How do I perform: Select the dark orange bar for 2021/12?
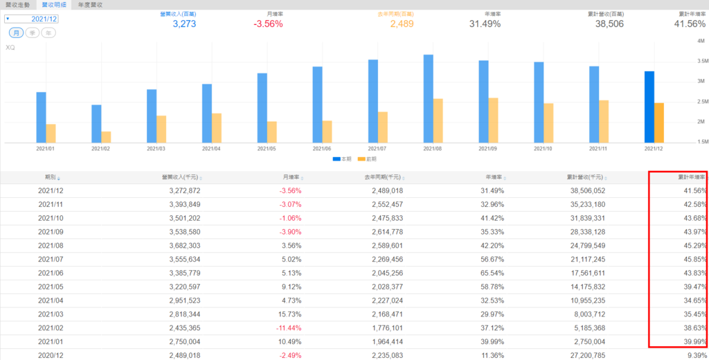pyautogui.click(x=659, y=123)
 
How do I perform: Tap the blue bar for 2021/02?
pyautogui.click(x=96, y=123)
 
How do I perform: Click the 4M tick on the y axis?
pyautogui.click(x=701, y=41)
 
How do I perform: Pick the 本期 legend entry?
pyautogui.click(x=342, y=159)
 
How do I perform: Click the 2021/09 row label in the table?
pyautogui.click(x=51, y=231)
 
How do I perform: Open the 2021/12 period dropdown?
pyautogui.click(x=30, y=19)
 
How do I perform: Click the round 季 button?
pyautogui.click(x=32, y=33)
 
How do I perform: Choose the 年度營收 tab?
pyautogui.click(x=89, y=4)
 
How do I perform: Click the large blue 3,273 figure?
pyautogui.click(x=186, y=24)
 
